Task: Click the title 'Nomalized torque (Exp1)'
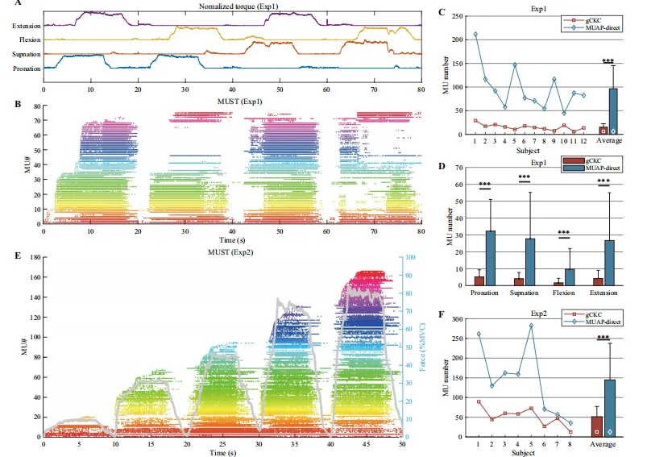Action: [x=234, y=7]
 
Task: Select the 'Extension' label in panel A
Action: [x=27, y=26]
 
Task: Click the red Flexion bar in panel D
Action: [x=557, y=282]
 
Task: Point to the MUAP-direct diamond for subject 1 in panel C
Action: [x=475, y=34]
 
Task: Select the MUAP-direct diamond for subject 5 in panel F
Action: [x=531, y=326]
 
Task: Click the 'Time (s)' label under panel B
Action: [x=233, y=239]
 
